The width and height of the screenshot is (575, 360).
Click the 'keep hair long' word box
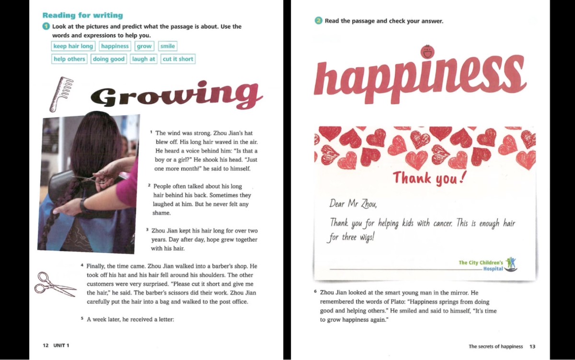73,46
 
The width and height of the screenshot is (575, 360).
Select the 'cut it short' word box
178,59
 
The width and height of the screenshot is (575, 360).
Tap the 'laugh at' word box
144,59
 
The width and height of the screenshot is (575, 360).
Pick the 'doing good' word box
108,59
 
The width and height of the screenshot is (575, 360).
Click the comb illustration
59,93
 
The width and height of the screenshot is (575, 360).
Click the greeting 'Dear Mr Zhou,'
354,203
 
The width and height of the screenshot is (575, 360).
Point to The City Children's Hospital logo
511,264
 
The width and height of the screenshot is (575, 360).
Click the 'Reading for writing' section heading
82,15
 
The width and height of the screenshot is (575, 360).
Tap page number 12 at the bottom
46,346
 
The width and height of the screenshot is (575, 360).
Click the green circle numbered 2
319,21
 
